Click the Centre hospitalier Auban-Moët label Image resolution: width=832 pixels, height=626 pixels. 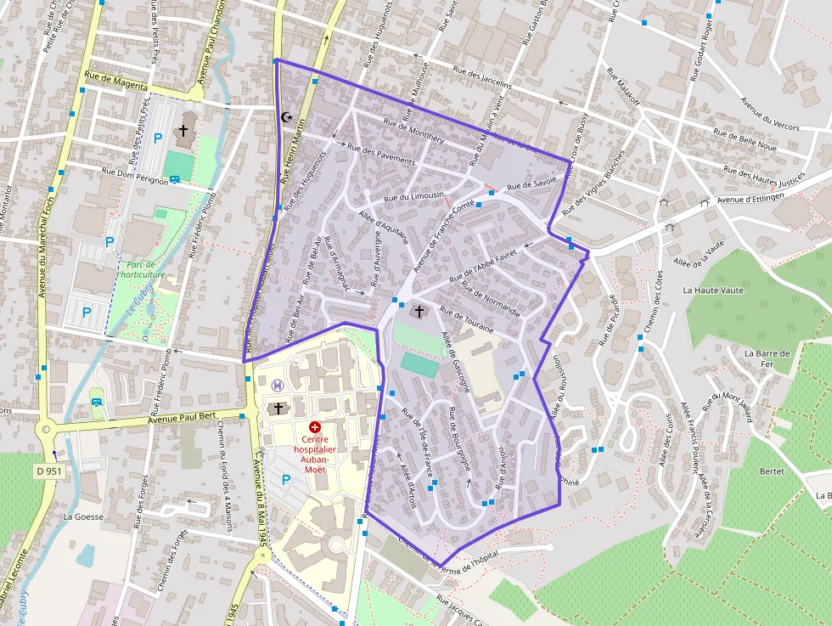(x=315, y=448)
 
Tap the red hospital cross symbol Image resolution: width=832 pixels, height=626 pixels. (x=315, y=426)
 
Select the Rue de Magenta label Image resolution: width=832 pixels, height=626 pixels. (x=116, y=86)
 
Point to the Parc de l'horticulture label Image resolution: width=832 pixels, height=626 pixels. (x=142, y=269)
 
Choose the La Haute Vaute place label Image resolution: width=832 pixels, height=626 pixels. (x=713, y=290)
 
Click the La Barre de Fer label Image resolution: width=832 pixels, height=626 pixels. (x=767, y=358)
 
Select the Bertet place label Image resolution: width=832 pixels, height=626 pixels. (x=772, y=471)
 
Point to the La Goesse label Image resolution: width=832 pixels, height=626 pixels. (x=83, y=516)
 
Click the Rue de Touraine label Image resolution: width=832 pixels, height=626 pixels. (x=468, y=319)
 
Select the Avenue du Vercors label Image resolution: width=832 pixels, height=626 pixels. (x=769, y=115)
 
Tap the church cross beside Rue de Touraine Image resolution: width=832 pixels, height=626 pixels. (x=419, y=313)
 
